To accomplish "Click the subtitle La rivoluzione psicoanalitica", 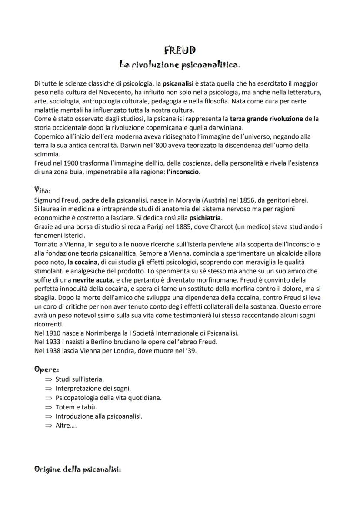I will point(180,65).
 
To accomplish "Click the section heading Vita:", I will point(42,190).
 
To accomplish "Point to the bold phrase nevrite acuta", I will point(90,280).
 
